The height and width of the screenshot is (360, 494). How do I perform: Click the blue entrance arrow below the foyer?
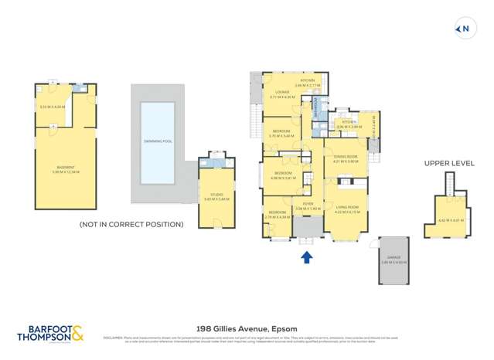(305, 257)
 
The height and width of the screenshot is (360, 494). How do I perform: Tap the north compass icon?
(464, 29)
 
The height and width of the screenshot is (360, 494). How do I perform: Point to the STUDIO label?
(211, 195)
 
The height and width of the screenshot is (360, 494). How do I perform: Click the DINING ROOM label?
(346, 158)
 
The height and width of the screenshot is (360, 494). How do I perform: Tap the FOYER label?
(308, 205)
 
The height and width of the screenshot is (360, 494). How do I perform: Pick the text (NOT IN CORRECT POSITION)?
(131, 224)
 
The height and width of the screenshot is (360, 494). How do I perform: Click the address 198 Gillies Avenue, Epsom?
(247, 328)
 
